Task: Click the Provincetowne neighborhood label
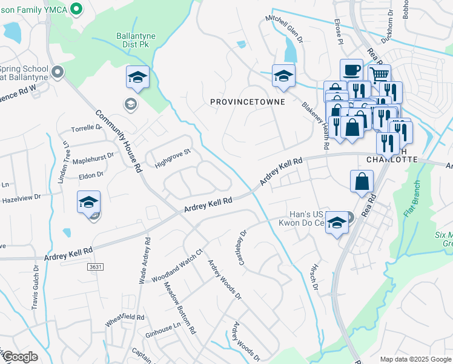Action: coord(247,102)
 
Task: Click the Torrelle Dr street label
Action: coord(87,129)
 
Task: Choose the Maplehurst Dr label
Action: coord(93,161)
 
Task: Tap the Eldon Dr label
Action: coord(91,175)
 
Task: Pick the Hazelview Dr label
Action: coord(21,198)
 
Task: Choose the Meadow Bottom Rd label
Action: coord(180,309)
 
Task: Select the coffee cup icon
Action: coord(351,70)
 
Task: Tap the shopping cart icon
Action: coord(379,75)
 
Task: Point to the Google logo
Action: coord(20,357)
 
